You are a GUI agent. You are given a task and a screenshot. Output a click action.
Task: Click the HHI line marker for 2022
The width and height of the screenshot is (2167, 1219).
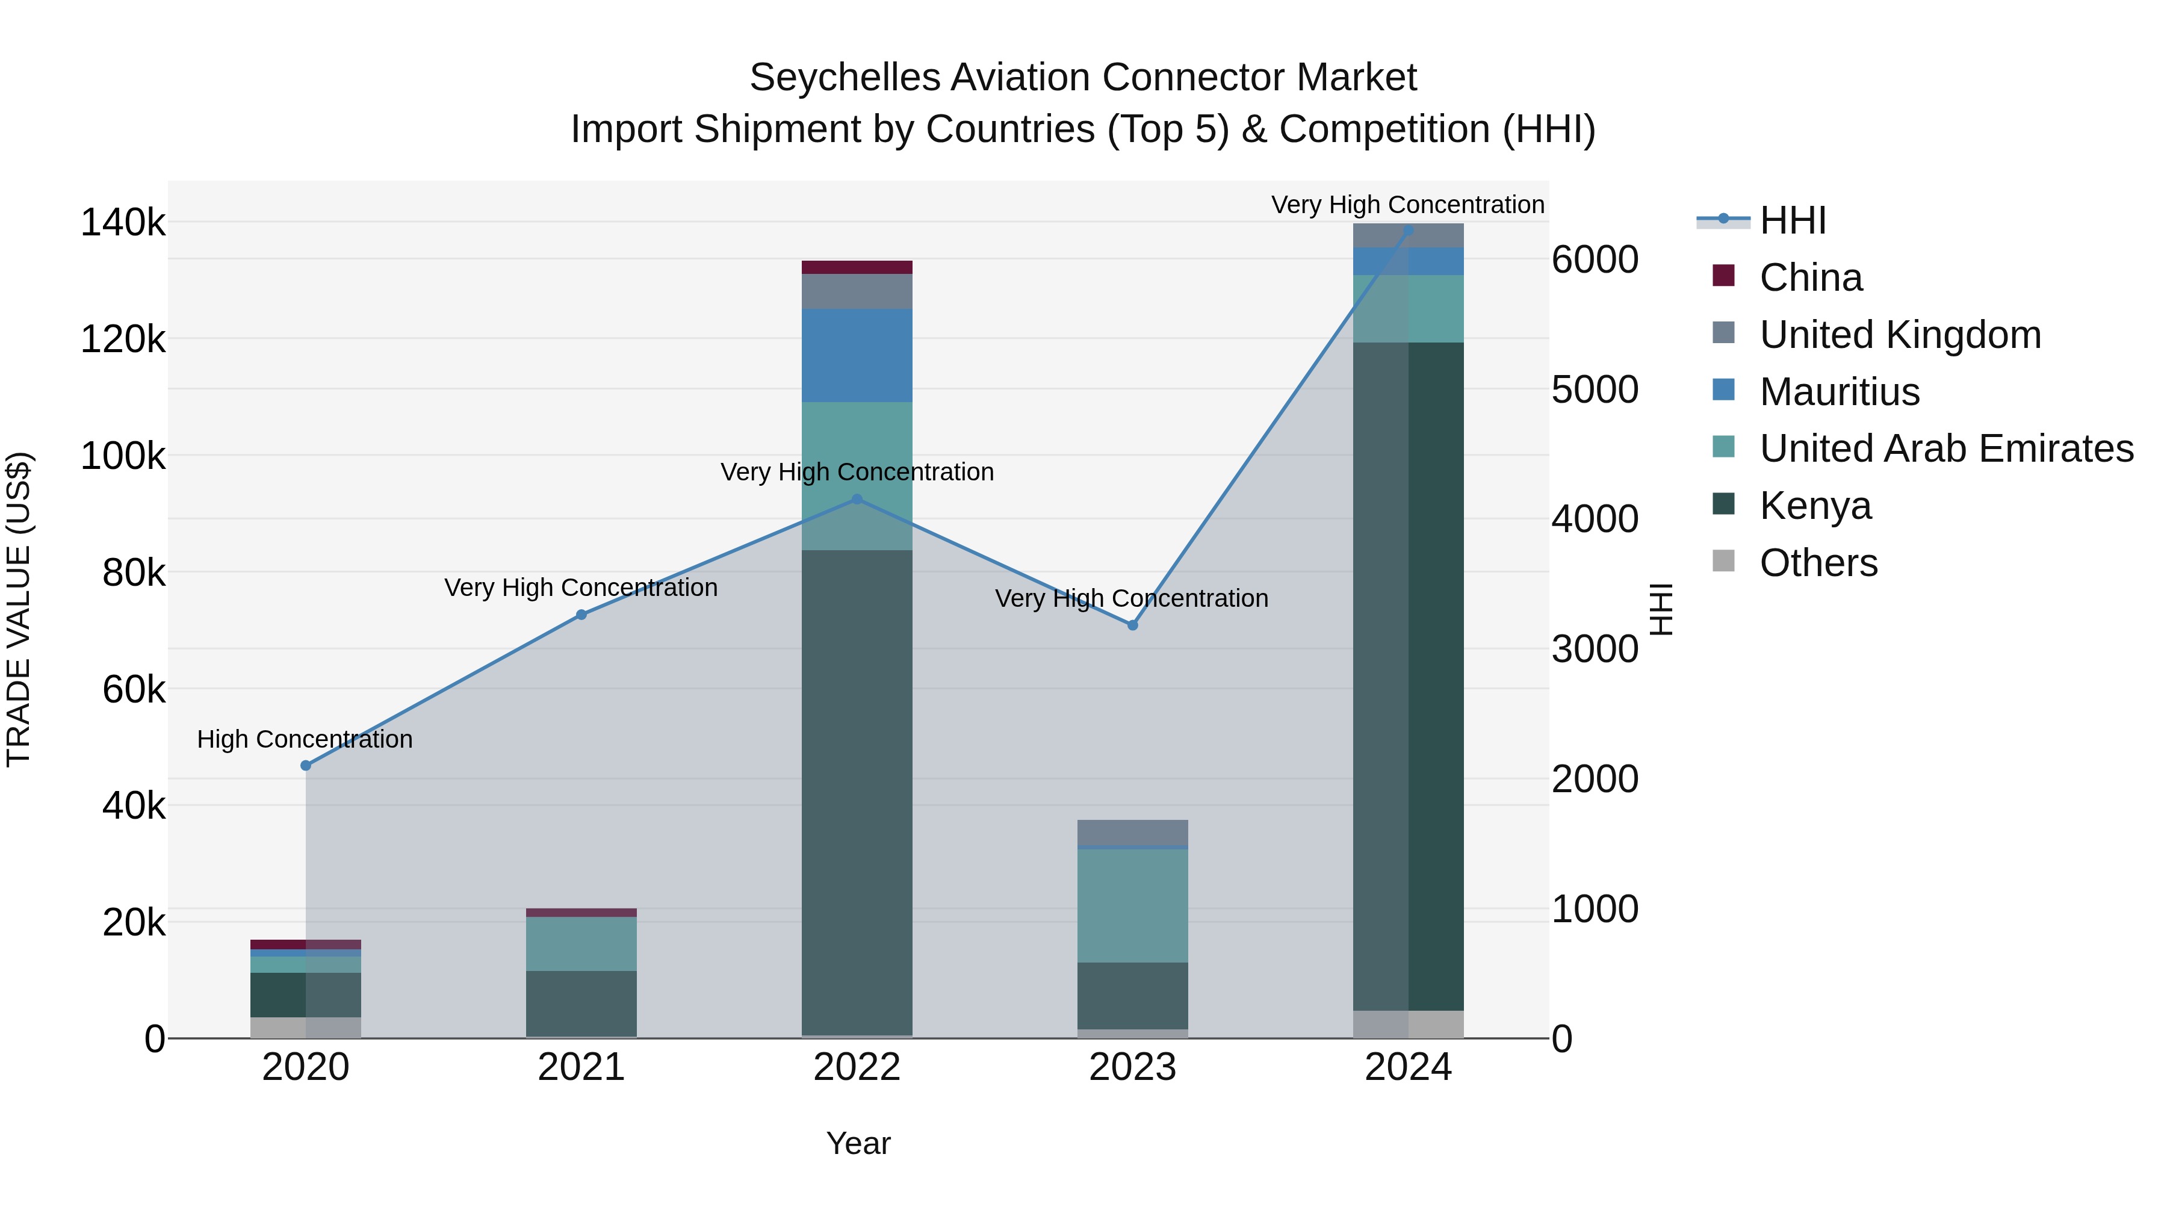pyautogui.click(x=857, y=499)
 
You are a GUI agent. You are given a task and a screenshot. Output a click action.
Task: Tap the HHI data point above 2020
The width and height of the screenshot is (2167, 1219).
pyautogui.click(x=305, y=766)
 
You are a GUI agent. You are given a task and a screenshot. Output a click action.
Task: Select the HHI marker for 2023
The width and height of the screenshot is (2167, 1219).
pyautogui.click(x=1132, y=625)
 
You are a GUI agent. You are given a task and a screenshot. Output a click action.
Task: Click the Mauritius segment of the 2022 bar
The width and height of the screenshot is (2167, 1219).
pyautogui.click(x=857, y=355)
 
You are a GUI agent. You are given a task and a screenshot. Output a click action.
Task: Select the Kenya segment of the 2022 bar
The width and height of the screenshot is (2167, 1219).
pyautogui.click(x=857, y=791)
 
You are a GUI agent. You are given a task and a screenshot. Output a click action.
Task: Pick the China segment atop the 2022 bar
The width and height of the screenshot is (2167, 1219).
pyautogui.click(x=857, y=267)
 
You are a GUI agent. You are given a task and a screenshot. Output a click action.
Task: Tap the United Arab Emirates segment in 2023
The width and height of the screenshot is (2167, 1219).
pyautogui.click(x=1132, y=905)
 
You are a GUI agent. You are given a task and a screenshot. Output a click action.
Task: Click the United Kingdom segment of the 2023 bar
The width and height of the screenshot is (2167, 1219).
pyautogui.click(x=1132, y=832)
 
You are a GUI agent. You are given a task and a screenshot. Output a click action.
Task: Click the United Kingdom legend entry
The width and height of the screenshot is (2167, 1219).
pyautogui.click(x=1900, y=335)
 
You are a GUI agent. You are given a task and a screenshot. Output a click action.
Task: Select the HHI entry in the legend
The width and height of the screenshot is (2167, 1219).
pyautogui.click(x=1792, y=220)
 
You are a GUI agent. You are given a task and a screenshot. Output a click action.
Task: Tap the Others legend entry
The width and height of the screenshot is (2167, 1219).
pyautogui.click(x=1818, y=563)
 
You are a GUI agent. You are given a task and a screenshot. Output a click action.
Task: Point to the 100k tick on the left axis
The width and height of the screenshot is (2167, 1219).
pyautogui.click(x=123, y=457)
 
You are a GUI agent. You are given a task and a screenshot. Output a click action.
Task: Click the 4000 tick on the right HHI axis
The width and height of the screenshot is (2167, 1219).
pyautogui.click(x=1594, y=519)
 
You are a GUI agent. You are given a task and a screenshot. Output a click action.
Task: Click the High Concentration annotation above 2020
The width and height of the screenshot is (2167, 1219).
pyautogui.click(x=305, y=739)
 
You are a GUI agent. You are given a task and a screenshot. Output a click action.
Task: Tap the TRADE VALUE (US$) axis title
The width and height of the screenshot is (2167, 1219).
pyautogui.click(x=19, y=609)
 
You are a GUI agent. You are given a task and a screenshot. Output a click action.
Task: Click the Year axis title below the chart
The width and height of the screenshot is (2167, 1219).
pyautogui.click(x=858, y=1143)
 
